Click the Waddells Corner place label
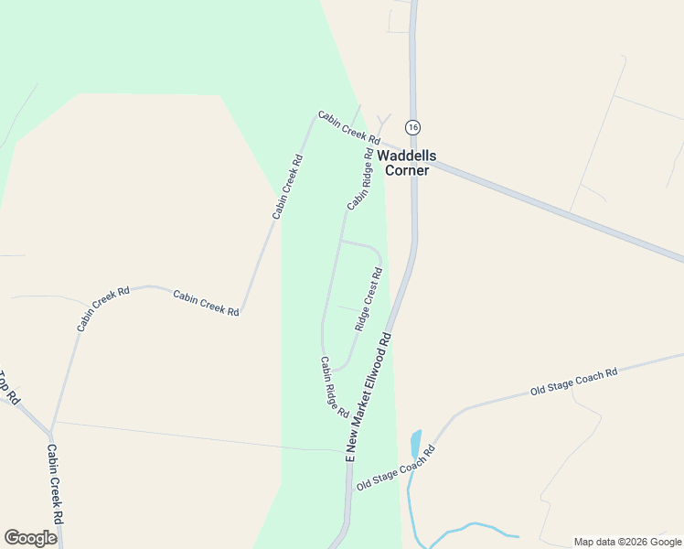(407, 163)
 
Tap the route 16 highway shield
(413, 127)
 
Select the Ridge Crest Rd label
(369, 298)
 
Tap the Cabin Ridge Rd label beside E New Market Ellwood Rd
(334, 387)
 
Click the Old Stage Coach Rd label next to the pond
(395, 467)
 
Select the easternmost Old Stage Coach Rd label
(574, 382)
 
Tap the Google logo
(30, 538)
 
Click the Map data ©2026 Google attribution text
(627, 542)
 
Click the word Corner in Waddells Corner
(407, 170)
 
